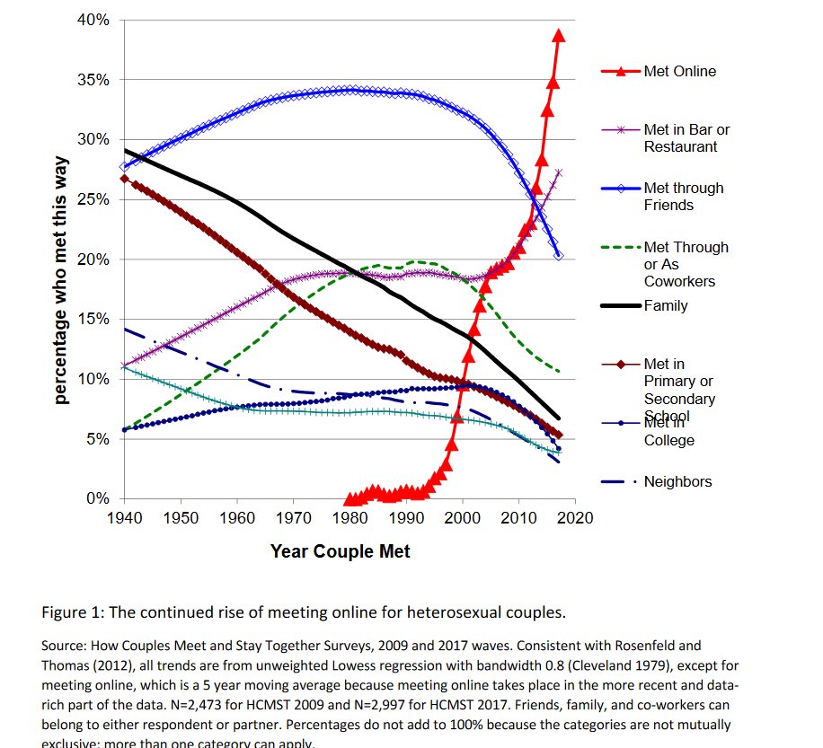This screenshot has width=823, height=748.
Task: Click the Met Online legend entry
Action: pyautogui.click(x=679, y=71)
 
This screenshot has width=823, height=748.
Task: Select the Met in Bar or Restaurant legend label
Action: pyautogui.click(x=686, y=138)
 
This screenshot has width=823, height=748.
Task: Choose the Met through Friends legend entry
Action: pyautogui.click(x=683, y=197)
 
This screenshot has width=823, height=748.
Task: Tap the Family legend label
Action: pyautogui.click(x=665, y=305)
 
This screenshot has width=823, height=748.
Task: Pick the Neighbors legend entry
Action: pyautogui.click(x=677, y=482)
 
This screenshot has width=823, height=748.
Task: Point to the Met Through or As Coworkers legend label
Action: pyautogui.click(x=686, y=264)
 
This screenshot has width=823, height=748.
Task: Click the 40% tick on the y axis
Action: pyautogui.click(x=92, y=20)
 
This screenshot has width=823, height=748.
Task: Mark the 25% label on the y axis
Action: pyautogui.click(x=92, y=199)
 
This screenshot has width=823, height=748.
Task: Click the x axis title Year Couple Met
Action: pyautogui.click(x=340, y=551)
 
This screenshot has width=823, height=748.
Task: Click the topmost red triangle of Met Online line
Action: pyautogui.click(x=558, y=35)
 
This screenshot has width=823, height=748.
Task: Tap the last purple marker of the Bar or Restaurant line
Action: pyautogui.click(x=559, y=172)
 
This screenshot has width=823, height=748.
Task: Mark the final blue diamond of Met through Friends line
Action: pyautogui.click(x=559, y=256)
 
